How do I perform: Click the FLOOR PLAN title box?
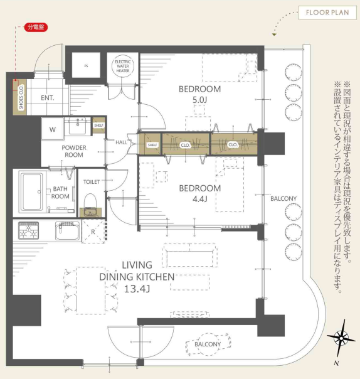327,13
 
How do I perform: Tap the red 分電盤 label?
36,27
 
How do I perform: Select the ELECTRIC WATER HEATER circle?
123,66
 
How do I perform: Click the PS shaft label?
87,66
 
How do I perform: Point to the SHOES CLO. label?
21,97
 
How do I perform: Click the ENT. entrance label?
48,98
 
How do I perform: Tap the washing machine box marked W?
53,129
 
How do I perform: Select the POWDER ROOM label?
74,151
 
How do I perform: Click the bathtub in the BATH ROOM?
31,192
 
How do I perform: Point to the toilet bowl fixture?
90,201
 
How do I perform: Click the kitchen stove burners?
28,230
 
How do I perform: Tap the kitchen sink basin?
67,231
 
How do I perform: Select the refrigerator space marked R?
93,232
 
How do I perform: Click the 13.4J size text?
137,289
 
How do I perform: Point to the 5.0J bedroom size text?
200,100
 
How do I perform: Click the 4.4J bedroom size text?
200,199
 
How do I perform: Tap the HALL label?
121,142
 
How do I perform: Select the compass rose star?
341,338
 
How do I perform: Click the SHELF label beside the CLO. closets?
152,145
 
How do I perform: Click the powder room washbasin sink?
77,126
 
